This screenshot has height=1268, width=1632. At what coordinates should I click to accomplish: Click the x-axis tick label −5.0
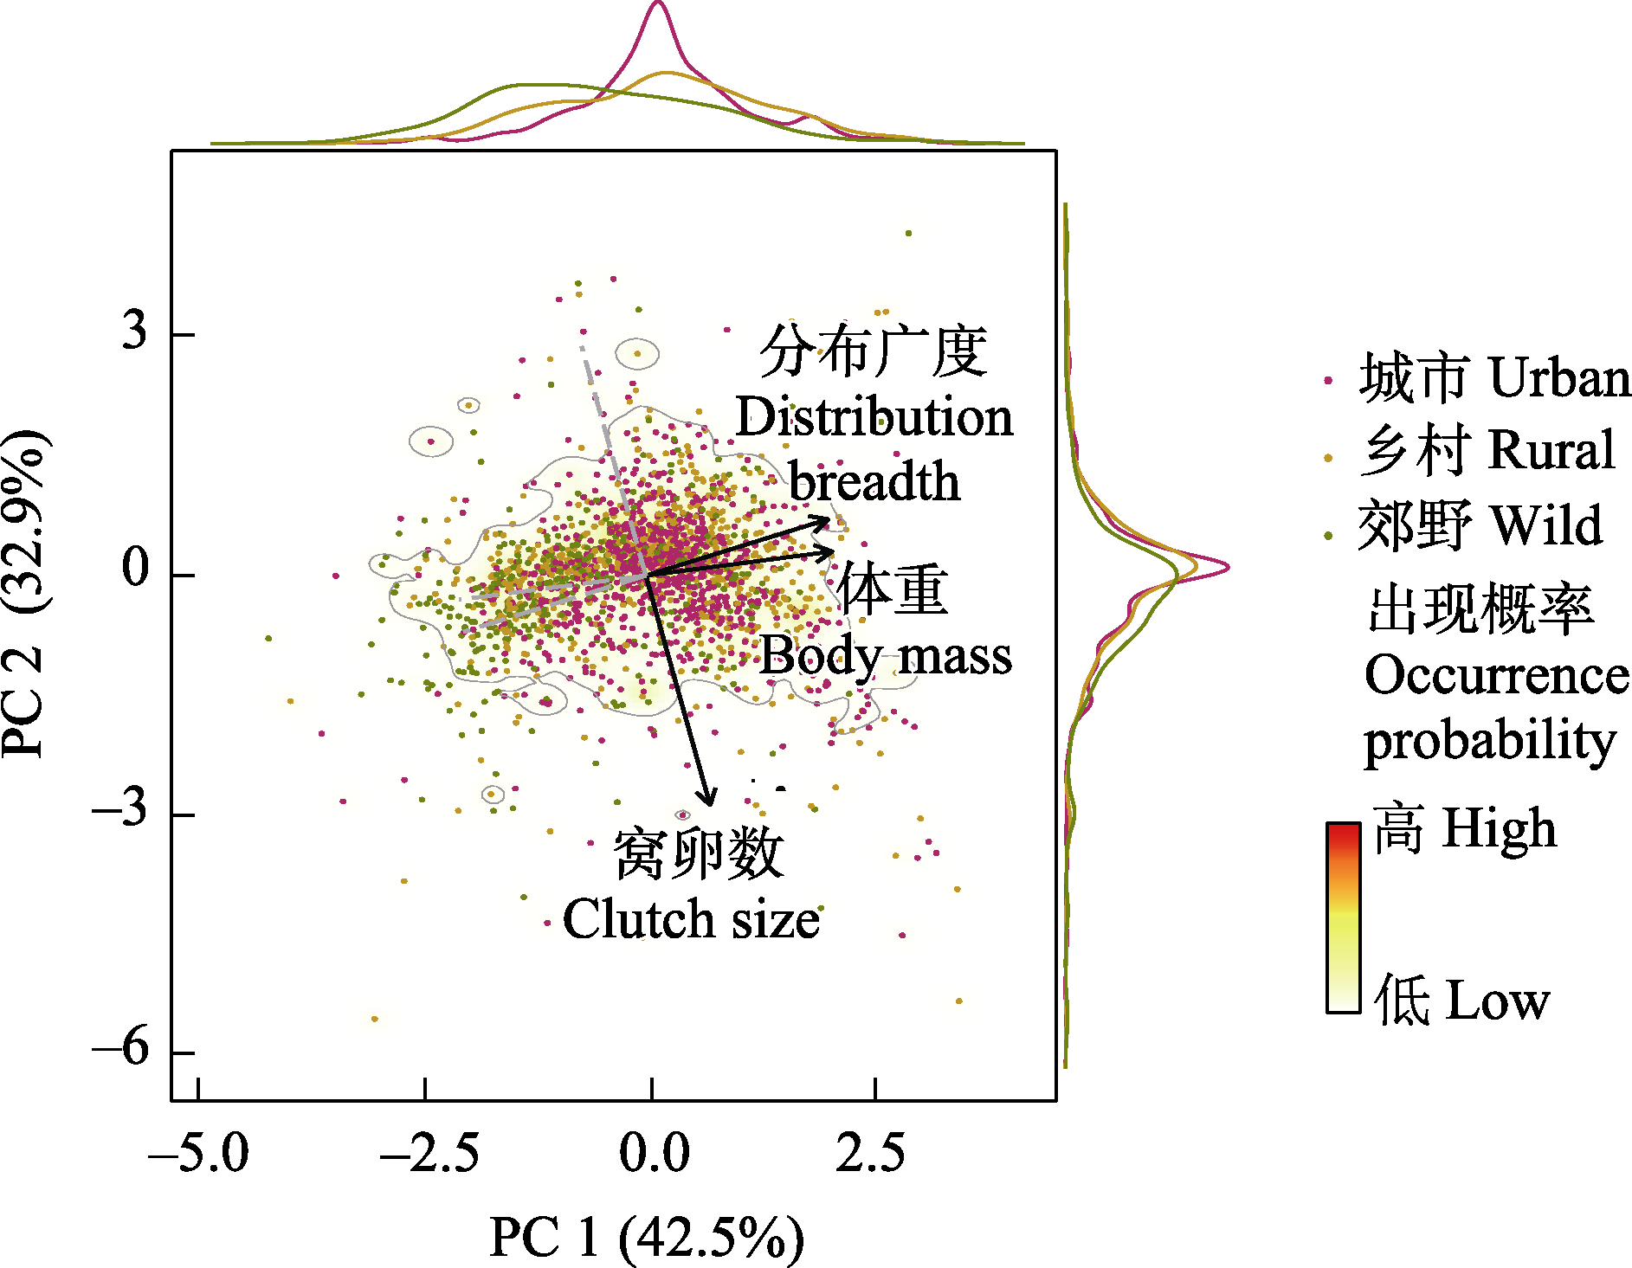(x=198, y=1154)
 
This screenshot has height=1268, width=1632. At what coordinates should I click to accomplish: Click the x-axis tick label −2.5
(x=429, y=1154)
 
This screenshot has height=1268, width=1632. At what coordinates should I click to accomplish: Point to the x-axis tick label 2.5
(x=870, y=1154)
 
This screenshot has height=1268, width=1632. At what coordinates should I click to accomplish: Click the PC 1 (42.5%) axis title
(x=646, y=1238)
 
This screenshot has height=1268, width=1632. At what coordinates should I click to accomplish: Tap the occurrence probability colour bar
(x=1343, y=917)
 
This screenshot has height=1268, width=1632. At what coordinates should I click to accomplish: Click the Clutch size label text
(x=691, y=919)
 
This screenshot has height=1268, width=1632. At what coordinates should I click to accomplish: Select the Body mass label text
(x=886, y=656)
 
